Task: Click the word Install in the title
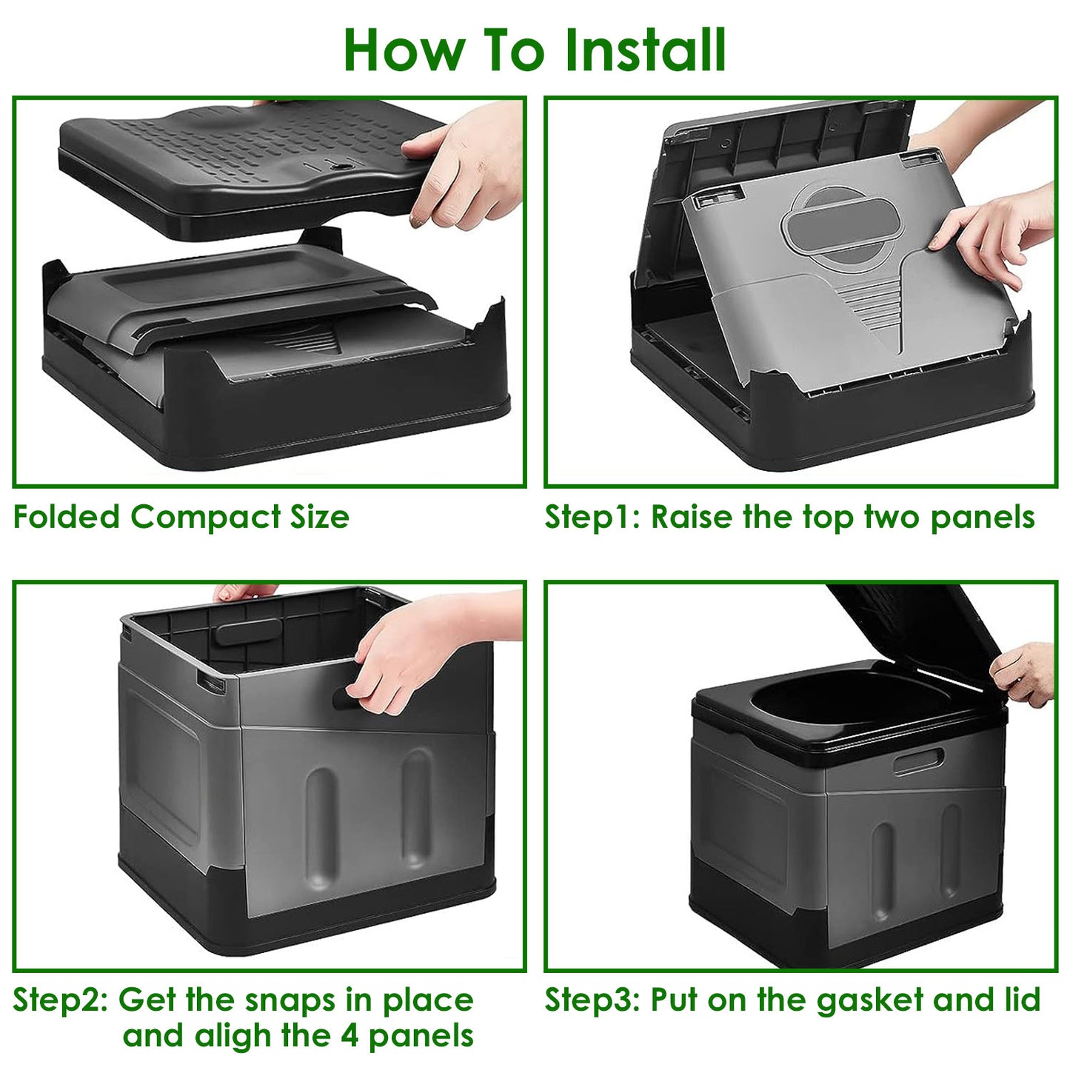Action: tap(644, 50)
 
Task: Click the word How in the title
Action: tap(404, 50)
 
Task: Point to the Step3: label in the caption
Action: tap(592, 1000)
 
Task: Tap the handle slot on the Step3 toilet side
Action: tap(918, 761)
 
